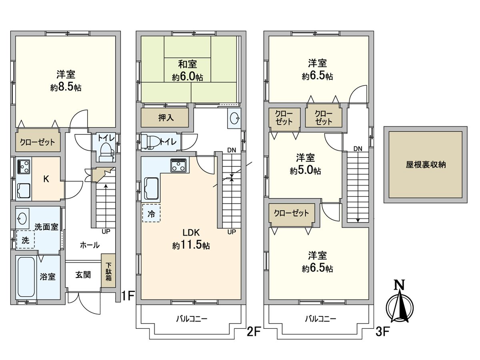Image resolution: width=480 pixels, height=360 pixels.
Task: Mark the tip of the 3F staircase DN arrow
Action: point(358,222)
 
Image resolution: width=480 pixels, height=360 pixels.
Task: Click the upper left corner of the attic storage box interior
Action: point(389,132)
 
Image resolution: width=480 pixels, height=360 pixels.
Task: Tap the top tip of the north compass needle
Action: point(400,293)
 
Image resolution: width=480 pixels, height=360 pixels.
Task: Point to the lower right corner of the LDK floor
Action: point(241,299)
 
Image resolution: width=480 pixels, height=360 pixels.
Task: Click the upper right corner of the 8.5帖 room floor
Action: point(115,36)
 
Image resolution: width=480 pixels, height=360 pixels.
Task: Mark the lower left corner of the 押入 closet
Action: point(141,126)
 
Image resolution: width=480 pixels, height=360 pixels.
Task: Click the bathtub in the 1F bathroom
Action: point(26,277)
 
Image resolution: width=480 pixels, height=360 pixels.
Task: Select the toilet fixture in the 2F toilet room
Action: point(150,142)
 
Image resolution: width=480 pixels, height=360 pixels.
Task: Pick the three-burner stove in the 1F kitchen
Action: point(24,166)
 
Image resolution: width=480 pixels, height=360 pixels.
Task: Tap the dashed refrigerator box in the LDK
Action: point(151,213)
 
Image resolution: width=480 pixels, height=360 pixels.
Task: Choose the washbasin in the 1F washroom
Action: point(22,218)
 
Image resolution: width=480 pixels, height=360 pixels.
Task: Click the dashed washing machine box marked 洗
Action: point(25,240)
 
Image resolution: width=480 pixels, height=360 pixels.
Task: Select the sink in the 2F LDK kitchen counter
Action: point(152,188)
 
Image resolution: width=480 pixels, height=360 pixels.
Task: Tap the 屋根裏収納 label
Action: point(426,164)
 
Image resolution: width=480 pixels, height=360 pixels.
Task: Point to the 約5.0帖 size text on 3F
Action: point(305,171)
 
